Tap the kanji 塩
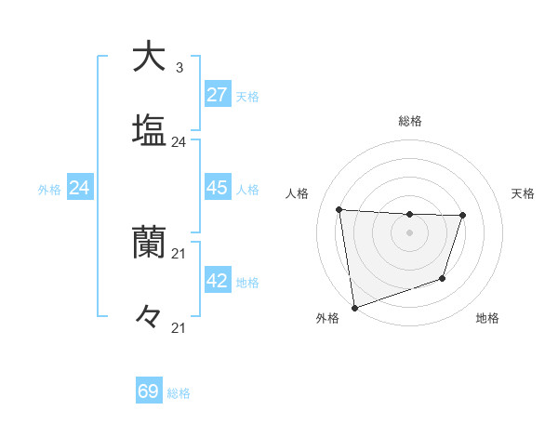point(149,130)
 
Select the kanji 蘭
point(149,244)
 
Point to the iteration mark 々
point(149,318)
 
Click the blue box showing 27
point(218,95)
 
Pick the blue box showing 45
point(218,188)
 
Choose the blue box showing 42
point(218,281)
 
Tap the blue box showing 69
point(149,391)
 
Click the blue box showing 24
point(80,188)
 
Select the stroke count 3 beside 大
point(179,68)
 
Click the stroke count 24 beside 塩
point(179,142)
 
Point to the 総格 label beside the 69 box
point(179,393)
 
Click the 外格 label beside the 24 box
point(49,189)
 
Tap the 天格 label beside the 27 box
point(247,96)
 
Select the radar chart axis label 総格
point(410,121)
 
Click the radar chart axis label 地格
point(487,318)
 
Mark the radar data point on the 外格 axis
point(353,307)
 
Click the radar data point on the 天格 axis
point(463,216)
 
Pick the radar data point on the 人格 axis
point(339,209)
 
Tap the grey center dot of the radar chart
point(410,232)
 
